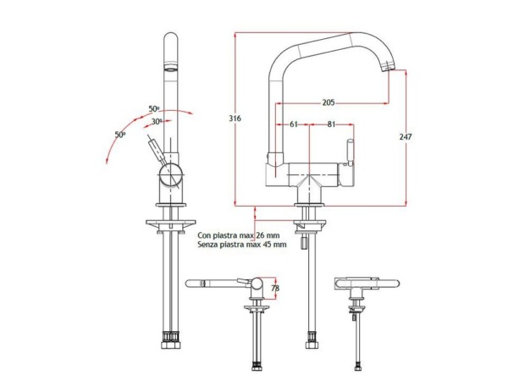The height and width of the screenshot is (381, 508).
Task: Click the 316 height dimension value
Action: pos(235,119)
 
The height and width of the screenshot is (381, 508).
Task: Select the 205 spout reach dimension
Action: pos(329,102)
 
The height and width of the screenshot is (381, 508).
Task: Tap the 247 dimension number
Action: pos(406,136)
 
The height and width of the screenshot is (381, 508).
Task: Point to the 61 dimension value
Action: pos(294,124)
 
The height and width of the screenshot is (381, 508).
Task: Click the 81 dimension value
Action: pos(331,124)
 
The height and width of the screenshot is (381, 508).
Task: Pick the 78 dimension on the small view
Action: pos(275,288)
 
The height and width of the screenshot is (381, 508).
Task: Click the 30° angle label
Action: pos(157,121)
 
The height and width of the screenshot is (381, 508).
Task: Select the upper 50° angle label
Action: pos(154,109)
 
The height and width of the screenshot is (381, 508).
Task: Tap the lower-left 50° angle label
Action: pos(120,134)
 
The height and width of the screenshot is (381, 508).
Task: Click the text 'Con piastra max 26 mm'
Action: pos(239,235)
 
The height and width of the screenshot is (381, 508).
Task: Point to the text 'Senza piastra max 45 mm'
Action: pos(242,245)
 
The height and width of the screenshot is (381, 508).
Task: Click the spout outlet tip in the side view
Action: pos(388,66)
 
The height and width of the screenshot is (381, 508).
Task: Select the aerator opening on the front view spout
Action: pos(171,67)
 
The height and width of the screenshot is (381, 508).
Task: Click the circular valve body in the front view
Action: pos(171,174)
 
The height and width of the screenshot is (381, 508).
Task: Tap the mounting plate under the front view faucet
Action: pos(171,223)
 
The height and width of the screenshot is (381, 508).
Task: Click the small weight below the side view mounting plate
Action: pos(304,243)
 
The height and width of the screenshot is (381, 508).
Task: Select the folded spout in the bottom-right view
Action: pos(367,284)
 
